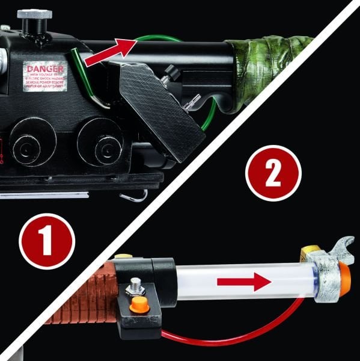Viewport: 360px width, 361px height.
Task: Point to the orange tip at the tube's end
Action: [346, 274]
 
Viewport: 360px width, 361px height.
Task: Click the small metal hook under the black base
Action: [135, 196]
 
